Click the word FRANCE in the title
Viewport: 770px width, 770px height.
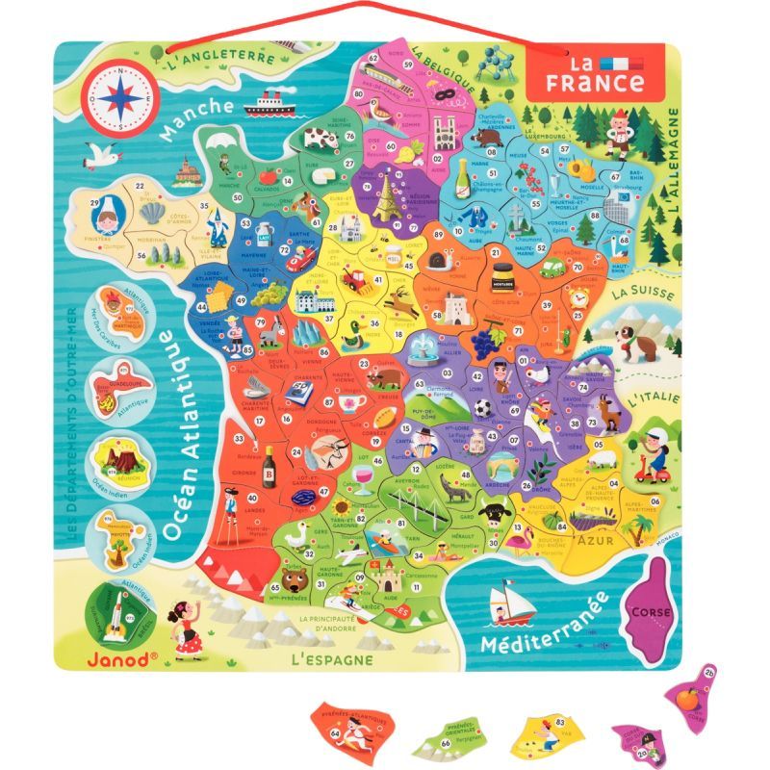(595, 83)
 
